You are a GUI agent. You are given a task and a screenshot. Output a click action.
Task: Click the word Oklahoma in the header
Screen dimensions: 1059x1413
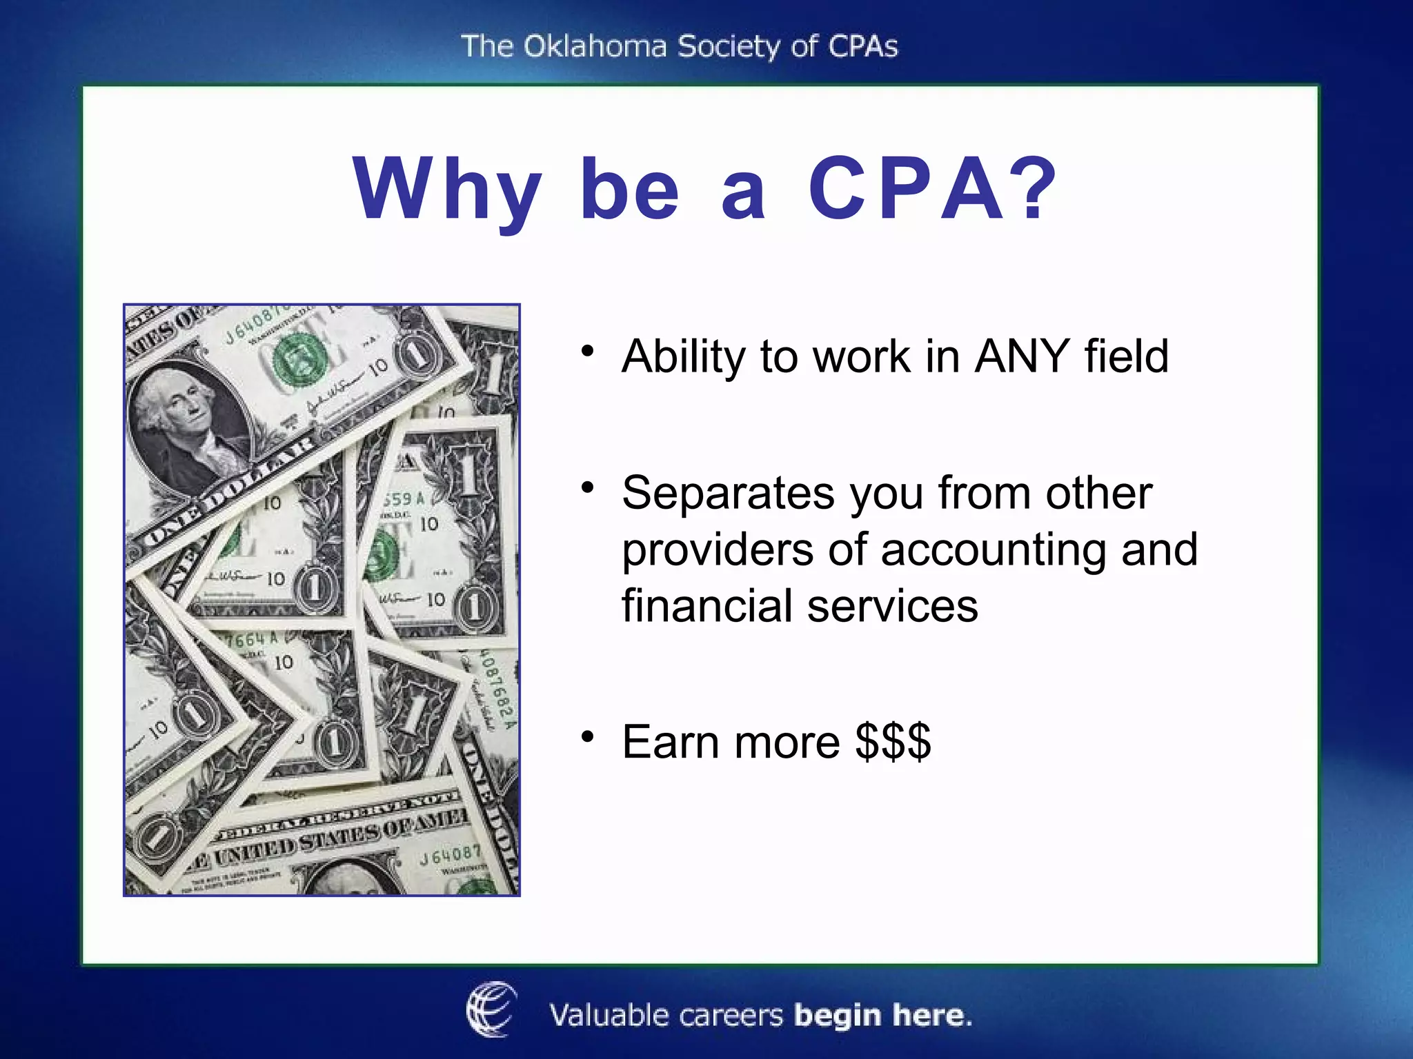[x=595, y=47]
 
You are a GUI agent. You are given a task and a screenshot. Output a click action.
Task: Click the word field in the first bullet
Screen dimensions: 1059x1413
[x=1126, y=356]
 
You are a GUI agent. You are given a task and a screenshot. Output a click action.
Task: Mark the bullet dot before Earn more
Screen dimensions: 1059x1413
[x=587, y=737]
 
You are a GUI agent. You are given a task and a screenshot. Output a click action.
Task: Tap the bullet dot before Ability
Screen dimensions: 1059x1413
[x=587, y=351]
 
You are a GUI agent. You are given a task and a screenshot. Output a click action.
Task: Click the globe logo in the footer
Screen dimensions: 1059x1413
[x=491, y=1009]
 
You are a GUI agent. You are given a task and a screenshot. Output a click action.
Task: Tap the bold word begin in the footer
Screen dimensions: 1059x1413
[x=837, y=1016]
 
